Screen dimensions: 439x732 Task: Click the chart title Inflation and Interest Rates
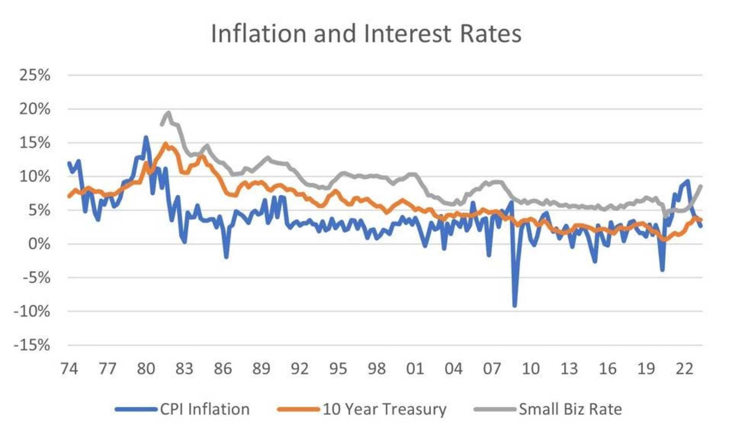click(x=366, y=33)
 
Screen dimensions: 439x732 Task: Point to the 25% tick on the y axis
click(x=35, y=75)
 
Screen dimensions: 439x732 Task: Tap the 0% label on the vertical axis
click(x=39, y=244)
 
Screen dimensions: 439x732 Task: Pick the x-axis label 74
click(x=69, y=369)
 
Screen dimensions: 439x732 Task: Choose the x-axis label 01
click(x=415, y=369)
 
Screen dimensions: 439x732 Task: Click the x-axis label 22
click(x=684, y=369)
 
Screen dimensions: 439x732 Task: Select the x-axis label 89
click(x=261, y=369)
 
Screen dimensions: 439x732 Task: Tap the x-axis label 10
click(x=530, y=369)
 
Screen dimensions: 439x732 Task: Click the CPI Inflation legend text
click(x=205, y=409)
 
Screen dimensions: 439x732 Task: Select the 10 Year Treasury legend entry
click(x=384, y=409)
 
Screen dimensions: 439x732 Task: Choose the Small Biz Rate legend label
click(x=570, y=409)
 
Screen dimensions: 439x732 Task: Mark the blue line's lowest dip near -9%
click(x=515, y=305)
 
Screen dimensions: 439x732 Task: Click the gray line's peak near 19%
click(x=168, y=113)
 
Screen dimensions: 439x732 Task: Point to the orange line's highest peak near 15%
click(x=166, y=143)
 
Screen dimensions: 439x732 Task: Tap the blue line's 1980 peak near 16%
click(x=146, y=137)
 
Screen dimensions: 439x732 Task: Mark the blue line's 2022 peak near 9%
click(x=688, y=181)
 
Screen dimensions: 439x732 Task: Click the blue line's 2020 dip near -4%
click(x=662, y=269)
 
